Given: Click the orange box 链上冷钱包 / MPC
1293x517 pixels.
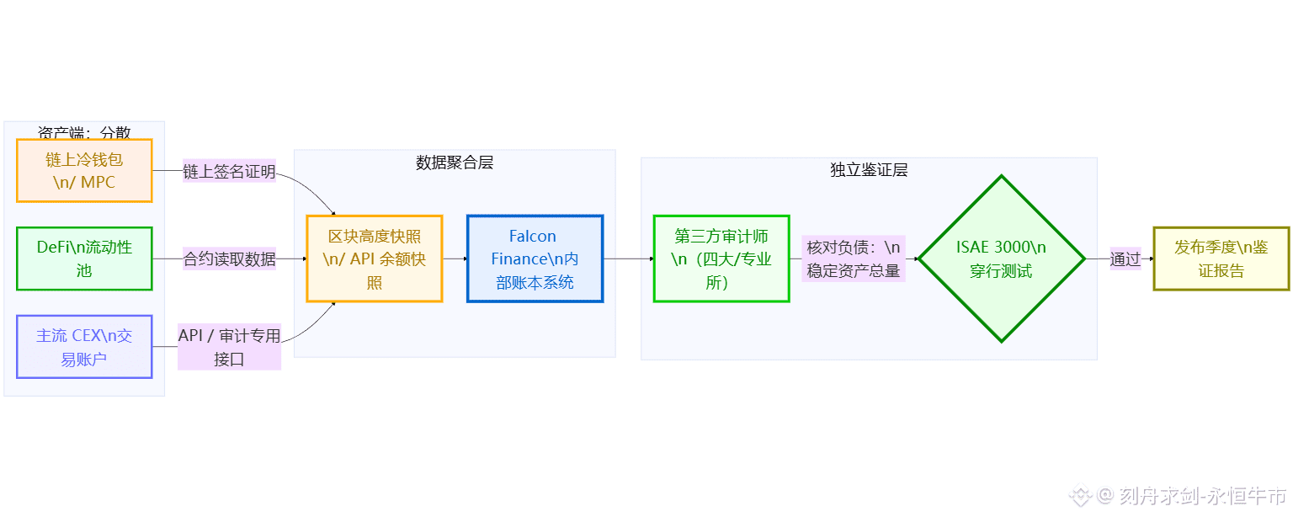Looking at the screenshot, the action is [x=84, y=171].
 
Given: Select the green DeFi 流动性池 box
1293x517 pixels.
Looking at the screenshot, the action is [x=84, y=258].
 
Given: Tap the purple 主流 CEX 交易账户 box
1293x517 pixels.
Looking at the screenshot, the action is [x=84, y=347].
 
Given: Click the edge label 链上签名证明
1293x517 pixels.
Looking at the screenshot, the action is [x=229, y=172].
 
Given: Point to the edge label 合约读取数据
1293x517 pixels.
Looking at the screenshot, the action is [x=229, y=259].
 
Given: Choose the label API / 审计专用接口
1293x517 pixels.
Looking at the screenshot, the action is [x=229, y=347].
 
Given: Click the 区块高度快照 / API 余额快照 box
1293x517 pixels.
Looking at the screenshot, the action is [x=375, y=258].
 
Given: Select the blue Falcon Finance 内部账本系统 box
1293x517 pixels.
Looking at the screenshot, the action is [x=535, y=258].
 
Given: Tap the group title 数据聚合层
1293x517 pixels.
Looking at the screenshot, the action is [x=455, y=163].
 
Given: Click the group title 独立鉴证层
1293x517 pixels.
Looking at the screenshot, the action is [x=869, y=170].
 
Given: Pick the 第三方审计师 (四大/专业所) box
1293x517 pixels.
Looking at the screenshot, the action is [x=721, y=258].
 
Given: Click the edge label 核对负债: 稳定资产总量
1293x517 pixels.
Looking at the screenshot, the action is [x=853, y=258].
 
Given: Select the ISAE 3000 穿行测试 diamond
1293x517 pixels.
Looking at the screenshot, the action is [x=1001, y=258].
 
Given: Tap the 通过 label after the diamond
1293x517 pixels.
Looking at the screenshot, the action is [x=1125, y=259].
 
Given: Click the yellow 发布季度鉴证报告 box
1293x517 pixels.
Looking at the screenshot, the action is [x=1221, y=258].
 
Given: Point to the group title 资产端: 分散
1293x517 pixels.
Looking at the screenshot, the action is [x=84, y=133].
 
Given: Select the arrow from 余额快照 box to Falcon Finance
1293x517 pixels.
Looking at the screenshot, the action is [x=455, y=258].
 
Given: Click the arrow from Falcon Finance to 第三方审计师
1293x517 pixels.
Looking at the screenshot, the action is [x=628, y=258].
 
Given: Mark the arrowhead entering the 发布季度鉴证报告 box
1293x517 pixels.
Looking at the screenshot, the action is [x=1150, y=258].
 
